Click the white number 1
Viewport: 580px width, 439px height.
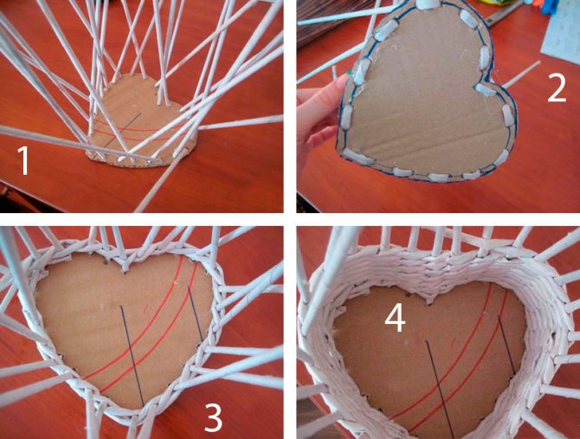pyautogui.click(x=23, y=160)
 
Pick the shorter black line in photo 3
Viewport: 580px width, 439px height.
pyautogui.click(x=195, y=313)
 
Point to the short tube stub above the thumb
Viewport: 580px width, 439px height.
pyautogui.click(x=335, y=73)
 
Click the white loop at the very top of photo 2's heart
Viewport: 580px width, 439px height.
pyautogui.click(x=429, y=4)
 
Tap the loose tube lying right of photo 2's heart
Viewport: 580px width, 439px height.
pyautogui.click(x=520, y=75)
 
